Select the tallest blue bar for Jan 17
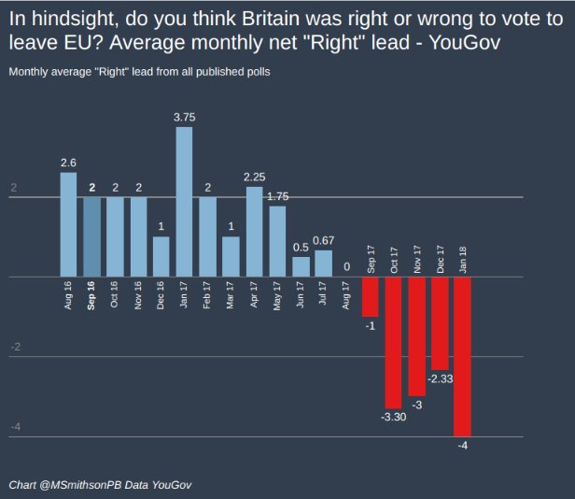coord(184,202)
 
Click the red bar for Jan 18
coord(463,356)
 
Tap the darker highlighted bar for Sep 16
coord(91,237)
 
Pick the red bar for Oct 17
coord(393,342)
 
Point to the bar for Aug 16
coord(68,225)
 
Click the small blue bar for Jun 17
coord(301,266)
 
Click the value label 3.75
coord(184,117)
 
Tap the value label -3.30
coord(393,416)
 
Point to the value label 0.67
coord(324,240)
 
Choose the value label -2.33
coord(440,379)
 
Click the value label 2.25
coord(254,177)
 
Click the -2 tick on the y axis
coord(15,348)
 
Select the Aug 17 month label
coord(347,294)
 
